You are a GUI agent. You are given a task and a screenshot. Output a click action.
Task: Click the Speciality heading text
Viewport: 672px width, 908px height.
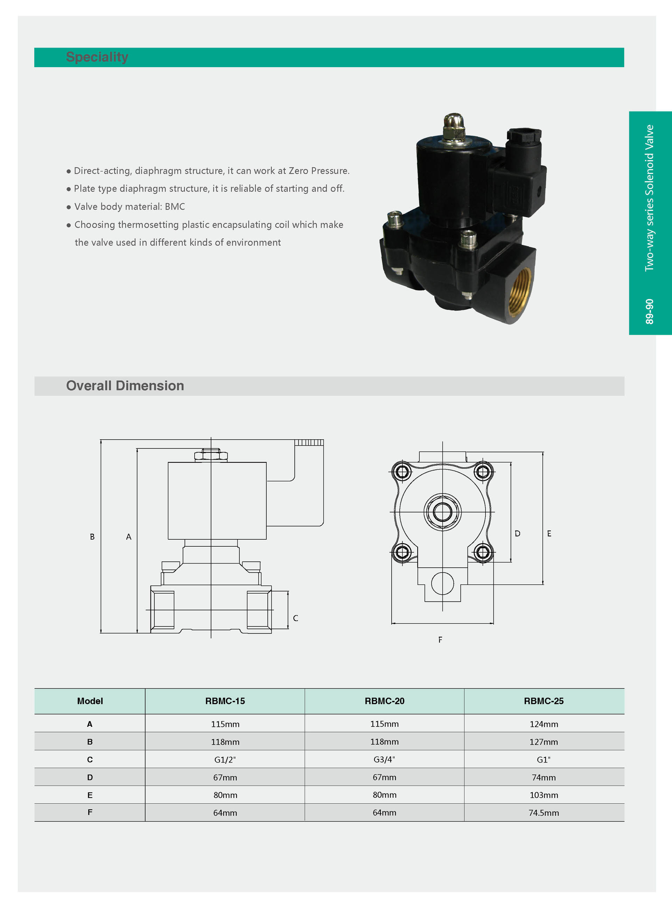click(x=97, y=57)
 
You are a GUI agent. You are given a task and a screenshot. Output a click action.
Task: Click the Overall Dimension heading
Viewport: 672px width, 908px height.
click(x=125, y=386)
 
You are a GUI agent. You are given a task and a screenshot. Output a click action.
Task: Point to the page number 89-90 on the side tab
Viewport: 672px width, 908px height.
click(x=649, y=311)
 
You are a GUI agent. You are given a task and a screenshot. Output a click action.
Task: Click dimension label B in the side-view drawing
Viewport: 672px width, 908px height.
click(x=92, y=537)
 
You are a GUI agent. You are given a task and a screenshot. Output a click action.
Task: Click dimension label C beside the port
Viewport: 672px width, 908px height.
click(x=296, y=618)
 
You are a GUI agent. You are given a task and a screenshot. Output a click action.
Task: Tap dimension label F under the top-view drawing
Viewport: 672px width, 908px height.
click(x=440, y=640)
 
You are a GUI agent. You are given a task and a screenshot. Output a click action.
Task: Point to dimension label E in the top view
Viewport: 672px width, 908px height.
click(x=549, y=534)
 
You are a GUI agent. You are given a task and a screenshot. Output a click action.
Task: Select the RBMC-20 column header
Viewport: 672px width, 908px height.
click(x=384, y=701)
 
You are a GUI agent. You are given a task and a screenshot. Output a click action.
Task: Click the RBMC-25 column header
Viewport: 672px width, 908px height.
click(x=544, y=701)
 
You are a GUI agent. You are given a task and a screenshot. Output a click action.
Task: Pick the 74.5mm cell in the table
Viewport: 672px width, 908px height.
click(x=544, y=813)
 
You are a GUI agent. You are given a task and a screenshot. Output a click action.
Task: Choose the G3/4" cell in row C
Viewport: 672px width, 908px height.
click(x=384, y=759)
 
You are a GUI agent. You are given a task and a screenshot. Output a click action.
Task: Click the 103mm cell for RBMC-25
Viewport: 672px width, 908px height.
click(x=544, y=795)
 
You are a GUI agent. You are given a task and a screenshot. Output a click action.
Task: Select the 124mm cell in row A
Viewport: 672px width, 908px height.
click(x=544, y=724)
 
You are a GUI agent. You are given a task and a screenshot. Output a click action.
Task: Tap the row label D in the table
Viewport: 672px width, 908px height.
click(x=90, y=778)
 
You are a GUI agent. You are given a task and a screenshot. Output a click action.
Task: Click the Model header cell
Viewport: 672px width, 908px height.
click(x=90, y=701)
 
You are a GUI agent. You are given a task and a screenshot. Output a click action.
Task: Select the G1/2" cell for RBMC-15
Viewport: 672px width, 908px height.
click(x=225, y=760)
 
